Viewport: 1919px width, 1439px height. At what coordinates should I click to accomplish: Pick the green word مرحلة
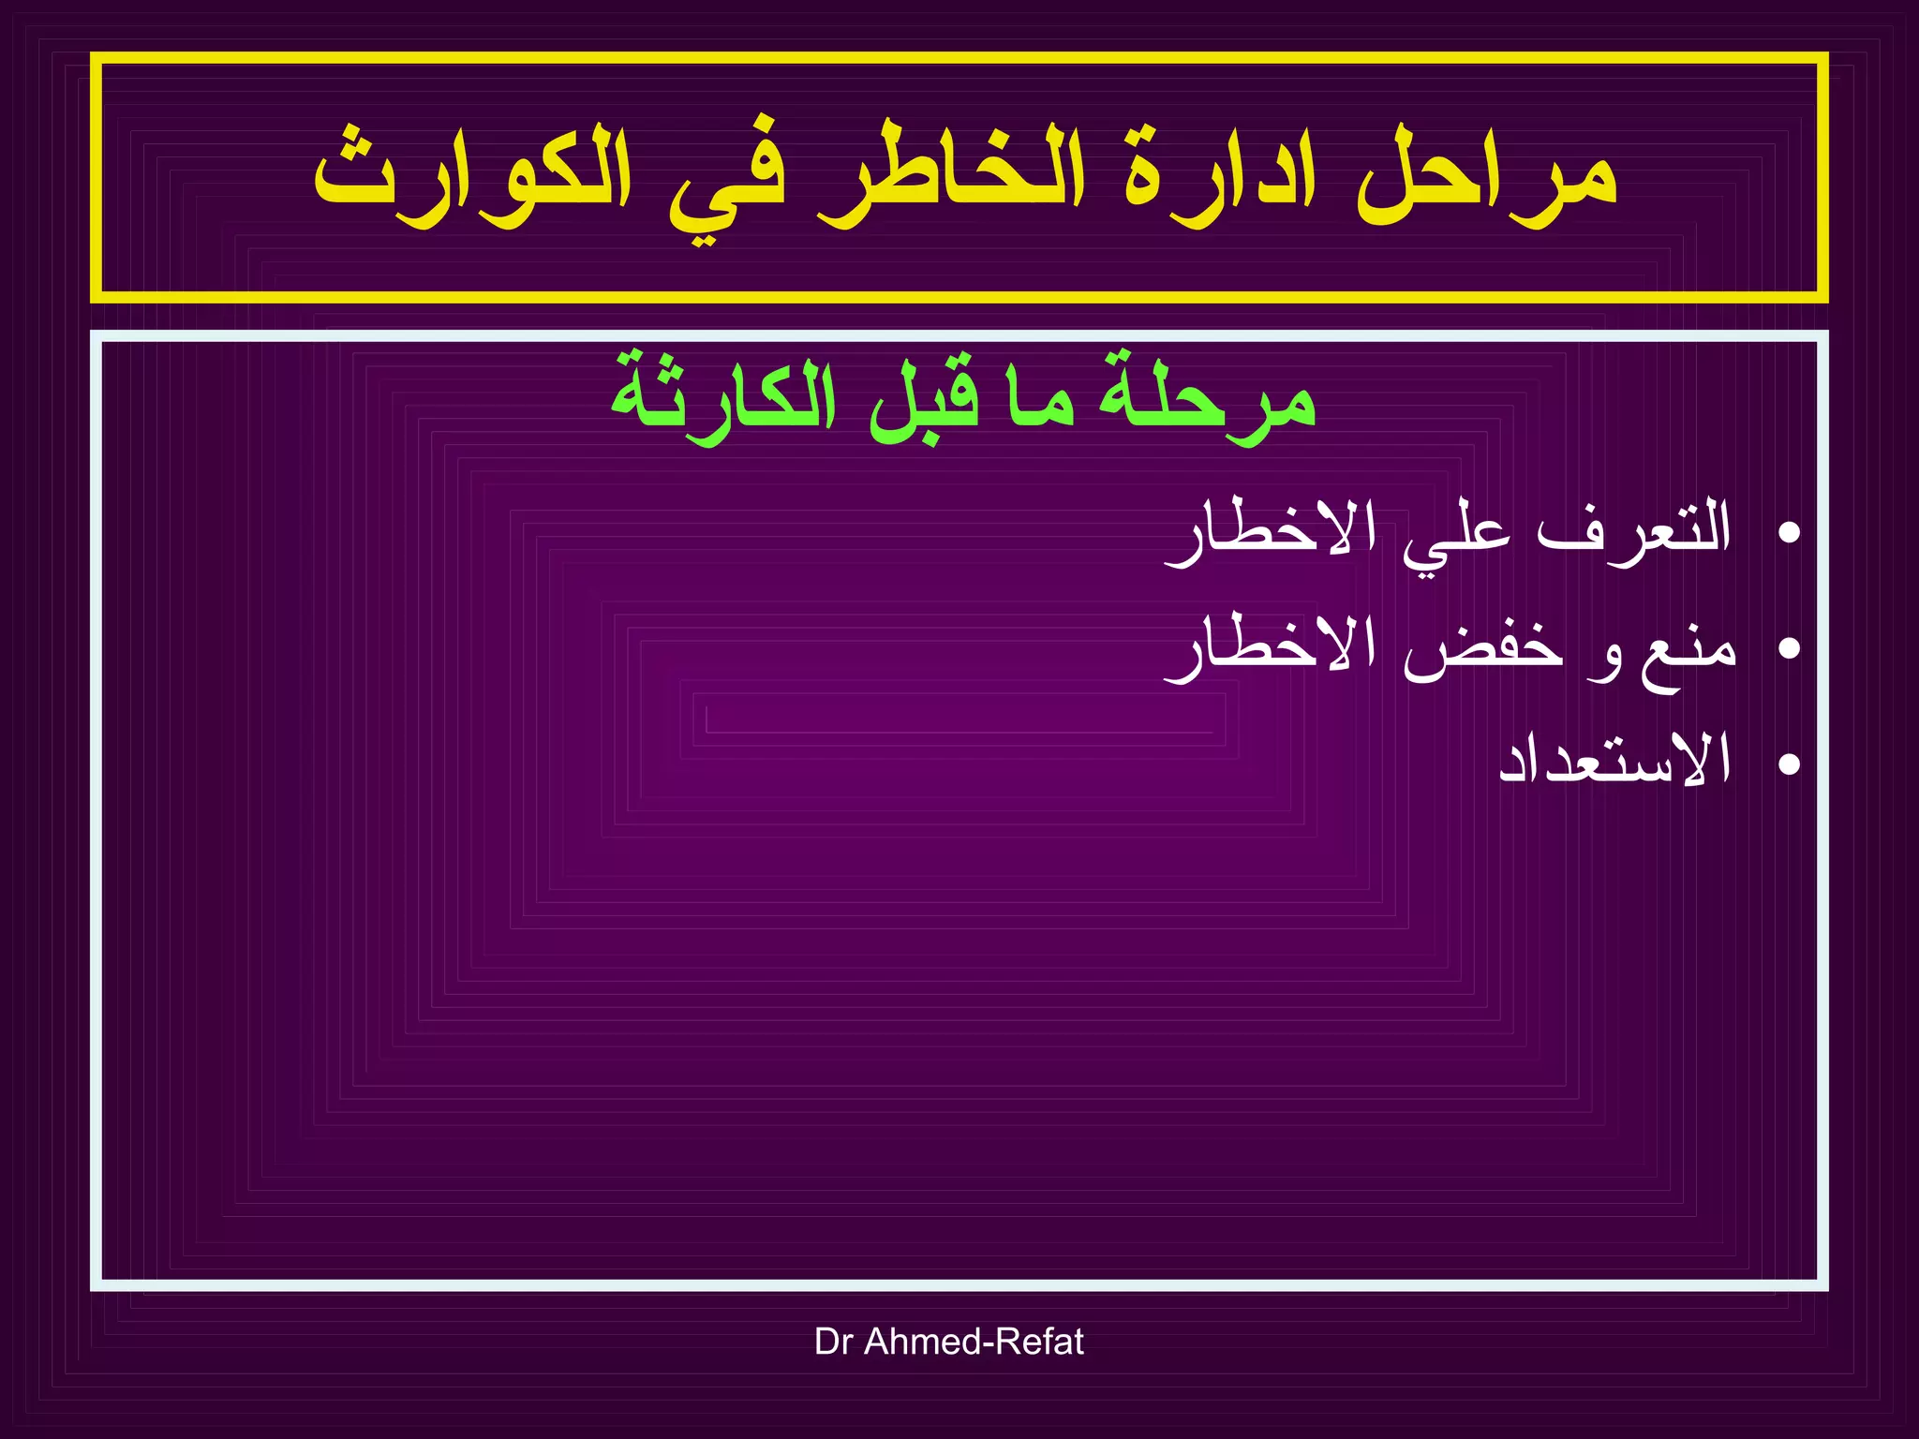pyautogui.click(x=1208, y=398)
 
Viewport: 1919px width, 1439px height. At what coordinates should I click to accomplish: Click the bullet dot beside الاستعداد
pyautogui.click(x=1789, y=764)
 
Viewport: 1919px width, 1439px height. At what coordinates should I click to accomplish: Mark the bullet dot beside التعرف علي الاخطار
pyautogui.click(x=1789, y=533)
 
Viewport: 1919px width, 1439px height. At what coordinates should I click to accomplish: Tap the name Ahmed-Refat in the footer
pyautogui.click(x=974, y=1342)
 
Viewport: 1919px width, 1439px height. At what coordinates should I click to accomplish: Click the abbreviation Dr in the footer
pyautogui.click(x=833, y=1342)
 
